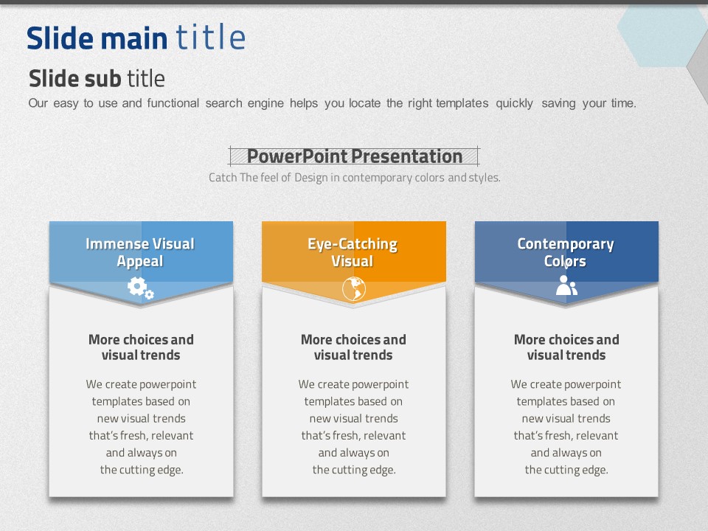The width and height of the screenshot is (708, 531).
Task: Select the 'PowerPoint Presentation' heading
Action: coord(355,156)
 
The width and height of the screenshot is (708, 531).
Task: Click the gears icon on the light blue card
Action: coord(140,288)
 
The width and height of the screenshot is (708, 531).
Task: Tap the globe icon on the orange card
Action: coord(353,288)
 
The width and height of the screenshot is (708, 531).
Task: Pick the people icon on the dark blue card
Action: coord(566,285)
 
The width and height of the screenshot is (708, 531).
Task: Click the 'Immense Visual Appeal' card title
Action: coord(140,252)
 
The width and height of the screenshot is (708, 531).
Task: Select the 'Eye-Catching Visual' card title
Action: coord(353,252)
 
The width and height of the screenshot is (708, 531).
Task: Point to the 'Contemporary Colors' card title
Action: coord(566,252)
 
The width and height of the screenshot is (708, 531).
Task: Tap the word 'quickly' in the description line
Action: coord(514,103)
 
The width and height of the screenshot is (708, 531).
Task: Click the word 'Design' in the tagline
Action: coord(311,178)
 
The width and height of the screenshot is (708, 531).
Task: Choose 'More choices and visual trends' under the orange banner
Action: coord(353,347)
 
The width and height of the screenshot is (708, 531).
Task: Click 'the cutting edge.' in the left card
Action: coord(142,470)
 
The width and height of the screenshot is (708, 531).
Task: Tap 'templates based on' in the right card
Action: coord(566,401)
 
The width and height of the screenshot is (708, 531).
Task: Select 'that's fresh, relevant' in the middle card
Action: coord(353,436)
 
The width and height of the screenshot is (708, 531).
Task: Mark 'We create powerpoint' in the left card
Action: coord(142,384)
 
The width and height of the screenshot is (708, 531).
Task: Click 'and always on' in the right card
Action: coord(566,452)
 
